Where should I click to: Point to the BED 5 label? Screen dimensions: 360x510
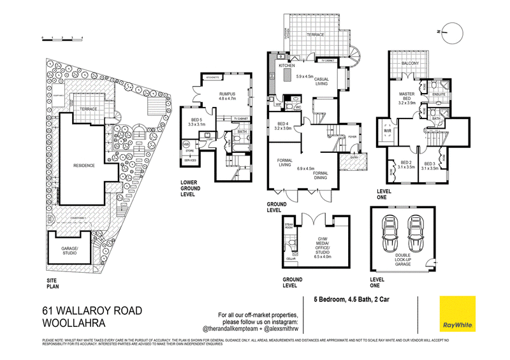197,122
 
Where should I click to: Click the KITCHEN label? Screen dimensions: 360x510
285,66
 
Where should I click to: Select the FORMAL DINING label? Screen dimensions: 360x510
321,175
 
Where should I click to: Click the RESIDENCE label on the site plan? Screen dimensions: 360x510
83,165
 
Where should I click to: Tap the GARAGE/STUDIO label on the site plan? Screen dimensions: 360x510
69,250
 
